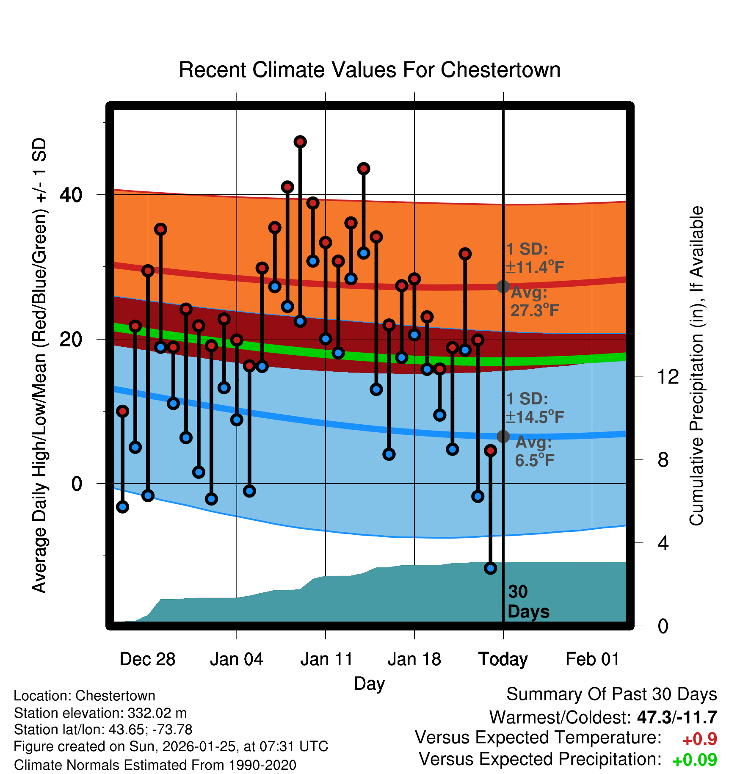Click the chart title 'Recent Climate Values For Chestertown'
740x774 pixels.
[370, 70]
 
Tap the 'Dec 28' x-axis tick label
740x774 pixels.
[147, 659]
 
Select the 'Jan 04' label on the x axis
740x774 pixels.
[237, 659]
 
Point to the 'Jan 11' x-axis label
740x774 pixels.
[326, 659]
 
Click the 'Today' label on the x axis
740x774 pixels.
[503, 659]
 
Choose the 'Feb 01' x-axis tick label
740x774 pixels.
[592, 659]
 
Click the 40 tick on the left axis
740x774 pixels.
[71, 195]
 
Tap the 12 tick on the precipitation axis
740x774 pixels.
[668, 376]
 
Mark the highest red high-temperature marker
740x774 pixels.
[300, 142]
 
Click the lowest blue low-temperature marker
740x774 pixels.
[490, 568]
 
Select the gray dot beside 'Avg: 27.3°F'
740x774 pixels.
[503, 287]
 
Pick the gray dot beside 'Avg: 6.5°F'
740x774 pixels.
[503, 437]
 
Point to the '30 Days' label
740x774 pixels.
[528, 602]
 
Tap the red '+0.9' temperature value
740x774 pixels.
[700, 739]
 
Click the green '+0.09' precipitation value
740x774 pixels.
[695, 760]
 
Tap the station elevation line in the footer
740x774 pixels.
[100, 713]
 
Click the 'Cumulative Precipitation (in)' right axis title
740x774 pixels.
[696, 366]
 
